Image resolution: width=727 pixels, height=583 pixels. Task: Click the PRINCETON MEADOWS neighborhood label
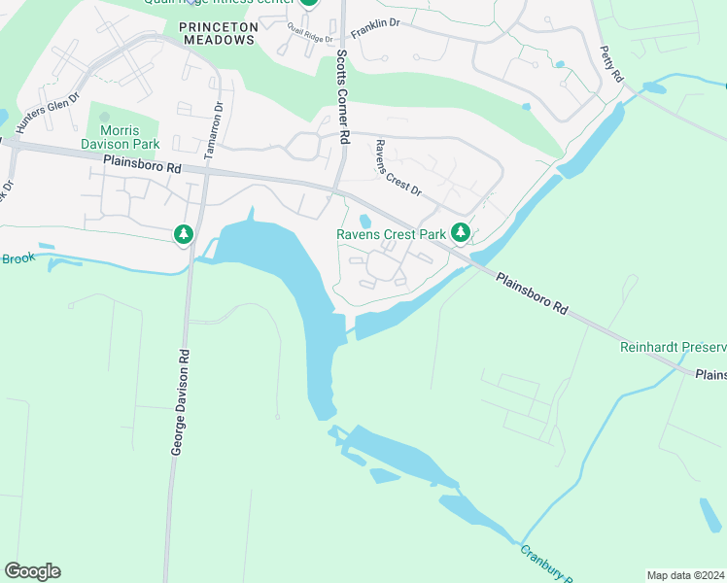217,33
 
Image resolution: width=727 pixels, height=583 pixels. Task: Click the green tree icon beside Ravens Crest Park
461,233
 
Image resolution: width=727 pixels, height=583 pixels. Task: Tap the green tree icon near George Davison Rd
183,234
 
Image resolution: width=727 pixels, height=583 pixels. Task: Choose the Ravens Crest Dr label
398,168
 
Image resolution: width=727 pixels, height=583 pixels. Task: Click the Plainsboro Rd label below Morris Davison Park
142,167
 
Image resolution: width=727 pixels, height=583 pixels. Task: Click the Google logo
32,571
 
